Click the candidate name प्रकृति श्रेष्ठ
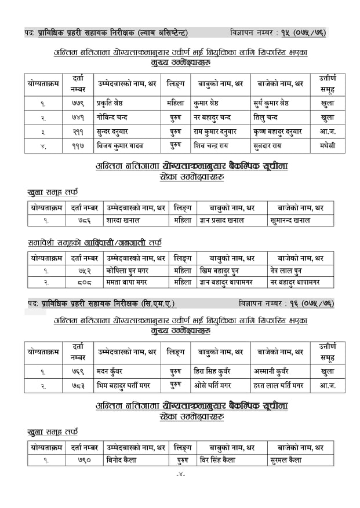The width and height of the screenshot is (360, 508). tap(114, 104)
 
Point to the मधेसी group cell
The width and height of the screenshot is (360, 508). tap(327, 145)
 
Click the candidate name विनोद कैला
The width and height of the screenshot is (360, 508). tap(122, 461)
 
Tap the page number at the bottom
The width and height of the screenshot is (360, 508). tap(180, 476)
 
